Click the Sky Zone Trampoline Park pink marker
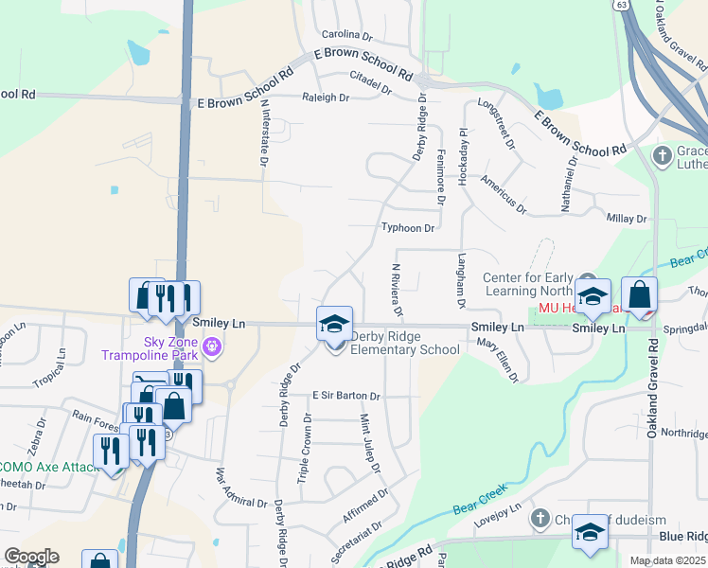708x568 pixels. [x=211, y=347]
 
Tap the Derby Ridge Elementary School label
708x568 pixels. [x=405, y=342]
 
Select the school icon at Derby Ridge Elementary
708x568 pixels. [x=334, y=324]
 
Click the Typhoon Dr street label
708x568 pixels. [x=407, y=228]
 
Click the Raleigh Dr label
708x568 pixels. [x=326, y=98]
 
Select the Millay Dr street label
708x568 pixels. [x=627, y=219]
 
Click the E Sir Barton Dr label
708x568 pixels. [x=345, y=396]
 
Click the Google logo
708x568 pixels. [x=31, y=557]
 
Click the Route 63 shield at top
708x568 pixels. [x=621, y=5]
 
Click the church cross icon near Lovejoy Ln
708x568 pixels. [x=540, y=518]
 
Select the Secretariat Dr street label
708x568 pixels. [x=357, y=541]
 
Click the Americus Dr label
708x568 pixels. [x=502, y=190]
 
